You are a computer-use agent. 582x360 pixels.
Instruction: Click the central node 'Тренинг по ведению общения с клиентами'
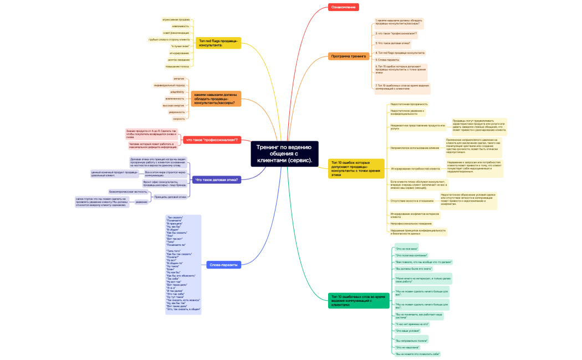pyautogui.click(x=284, y=153)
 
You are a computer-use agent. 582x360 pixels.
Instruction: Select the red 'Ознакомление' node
pyautogui.click(x=344, y=7)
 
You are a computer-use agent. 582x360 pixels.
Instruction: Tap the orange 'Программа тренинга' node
pyautogui.click(x=349, y=56)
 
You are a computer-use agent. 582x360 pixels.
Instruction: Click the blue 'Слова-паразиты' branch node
pyautogui.click(x=223, y=265)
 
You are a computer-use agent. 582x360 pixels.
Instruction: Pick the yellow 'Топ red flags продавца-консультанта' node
pyautogui.click(x=218, y=43)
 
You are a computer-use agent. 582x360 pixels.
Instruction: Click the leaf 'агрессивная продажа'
pyautogui.click(x=176, y=19)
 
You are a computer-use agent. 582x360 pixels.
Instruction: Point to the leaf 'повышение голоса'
pyautogui.click(x=177, y=66)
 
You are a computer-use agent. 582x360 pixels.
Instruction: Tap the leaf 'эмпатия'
pyautogui.click(x=178, y=79)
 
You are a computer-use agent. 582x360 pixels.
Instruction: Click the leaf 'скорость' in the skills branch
pyautogui.click(x=178, y=119)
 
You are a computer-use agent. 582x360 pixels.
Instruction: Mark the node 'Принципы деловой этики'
pyautogui.click(x=170, y=197)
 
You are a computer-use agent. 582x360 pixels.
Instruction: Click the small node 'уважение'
pyautogui.click(x=141, y=202)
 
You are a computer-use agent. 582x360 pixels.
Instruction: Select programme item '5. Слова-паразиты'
pyautogui.click(x=387, y=59)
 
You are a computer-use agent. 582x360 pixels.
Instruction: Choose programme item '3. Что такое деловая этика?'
pyautogui.click(x=392, y=43)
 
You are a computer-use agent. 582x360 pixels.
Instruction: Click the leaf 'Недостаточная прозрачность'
pyautogui.click(x=409, y=104)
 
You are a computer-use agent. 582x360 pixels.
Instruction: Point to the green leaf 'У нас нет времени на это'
pyautogui.click(x=412, y=323)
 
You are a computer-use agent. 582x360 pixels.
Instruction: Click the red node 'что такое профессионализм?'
pyautogui.click(x=211, y=140)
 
